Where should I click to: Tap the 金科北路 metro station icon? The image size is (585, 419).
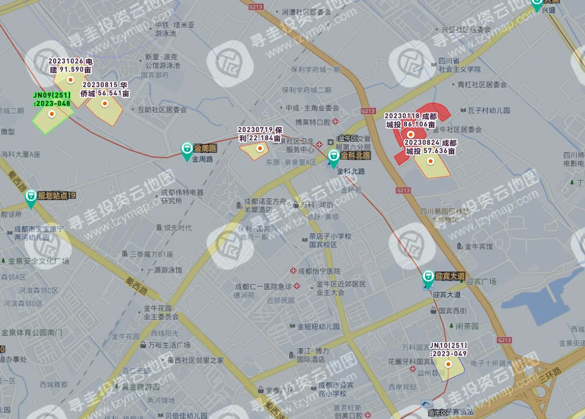pos(333,158)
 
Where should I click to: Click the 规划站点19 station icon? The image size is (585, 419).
pos(30,198)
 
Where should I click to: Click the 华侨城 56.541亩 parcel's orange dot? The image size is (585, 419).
pos(104,104)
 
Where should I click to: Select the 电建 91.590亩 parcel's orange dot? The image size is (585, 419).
pos(70,79)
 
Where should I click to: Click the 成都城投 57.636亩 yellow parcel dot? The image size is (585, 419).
pos(430,161)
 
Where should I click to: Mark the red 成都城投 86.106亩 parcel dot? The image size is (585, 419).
pos(411,134)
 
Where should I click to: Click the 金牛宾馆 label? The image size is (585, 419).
pos(478,246)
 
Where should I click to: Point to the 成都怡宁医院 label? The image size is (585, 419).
pos(319,271)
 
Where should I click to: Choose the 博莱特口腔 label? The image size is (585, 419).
pos(311,122)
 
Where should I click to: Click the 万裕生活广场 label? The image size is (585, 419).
pos(168,345)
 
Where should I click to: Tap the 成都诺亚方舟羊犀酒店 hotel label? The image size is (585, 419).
pos(264,205)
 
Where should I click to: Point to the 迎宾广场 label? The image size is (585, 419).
pos(480,282)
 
